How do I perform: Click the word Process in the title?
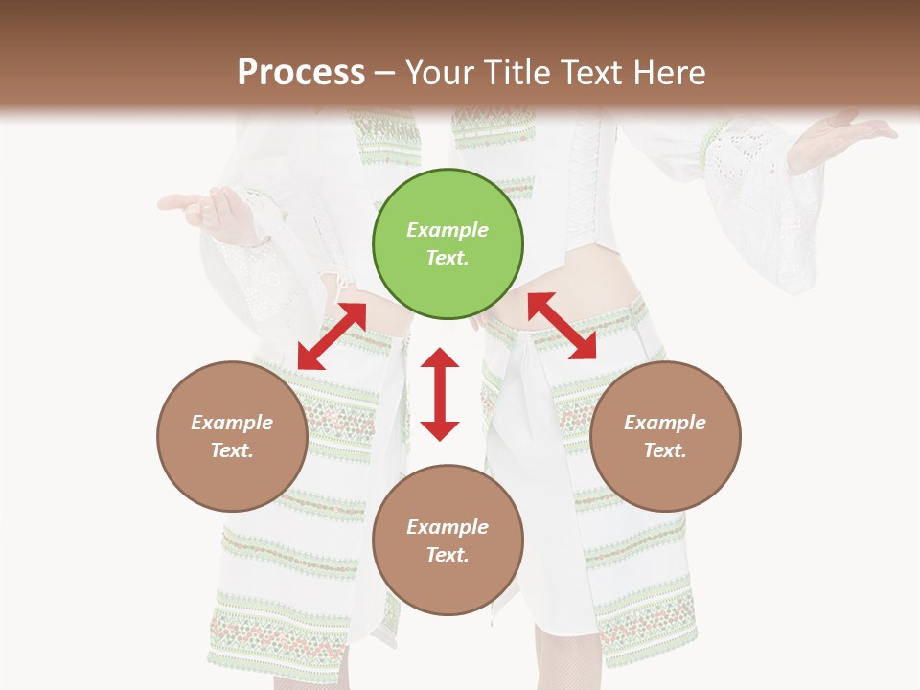click(301, 72)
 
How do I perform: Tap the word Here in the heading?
click(667, 72)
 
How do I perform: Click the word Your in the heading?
click(439, 72)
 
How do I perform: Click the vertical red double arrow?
click(440, 394)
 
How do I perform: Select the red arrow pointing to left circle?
click(332, 335)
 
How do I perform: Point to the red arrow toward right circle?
click(562, 326)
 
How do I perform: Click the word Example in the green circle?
click(448, 230)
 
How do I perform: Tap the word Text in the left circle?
click(232, 450)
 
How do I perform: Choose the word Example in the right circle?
click(665, 423)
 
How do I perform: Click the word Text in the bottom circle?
click(448, 555)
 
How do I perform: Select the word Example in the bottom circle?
click(448, 527)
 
